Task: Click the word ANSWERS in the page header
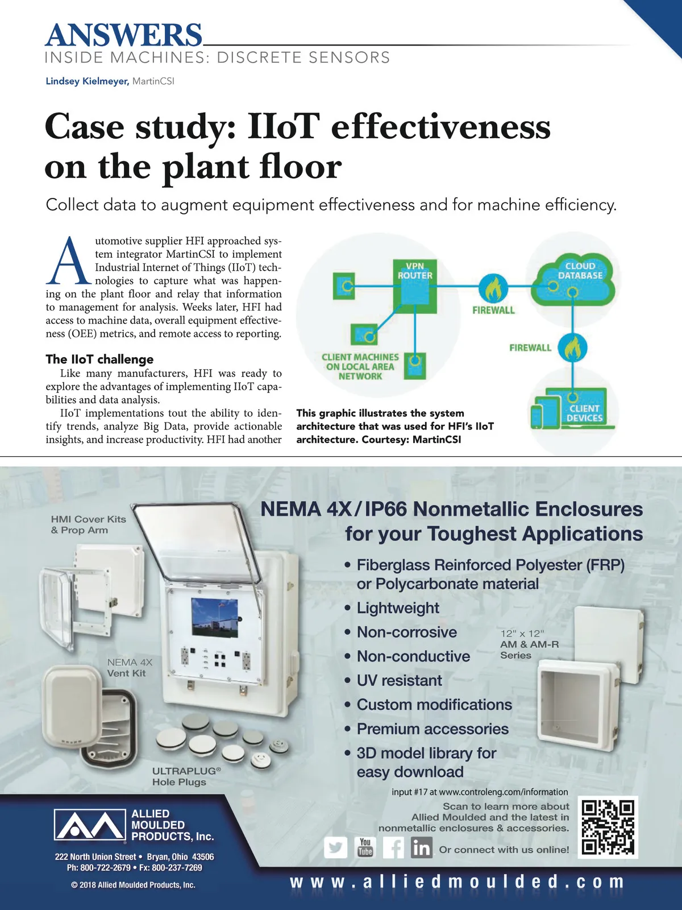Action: pos(123,35)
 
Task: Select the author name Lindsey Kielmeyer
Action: pos(87,81)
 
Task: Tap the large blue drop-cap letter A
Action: pos(69,262)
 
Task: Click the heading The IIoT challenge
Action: pos(99,359)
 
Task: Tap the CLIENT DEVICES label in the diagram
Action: pos(584,413)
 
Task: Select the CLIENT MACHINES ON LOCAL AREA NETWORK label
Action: pos(360,366)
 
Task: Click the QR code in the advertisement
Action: pos(608,827)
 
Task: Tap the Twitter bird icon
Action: pos(336,848)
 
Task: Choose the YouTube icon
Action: pos(365,847)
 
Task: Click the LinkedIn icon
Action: pos(421,848)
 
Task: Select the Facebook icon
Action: pos(393,848)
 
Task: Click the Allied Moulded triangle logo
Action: pos(89,825)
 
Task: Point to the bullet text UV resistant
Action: pos(399,680)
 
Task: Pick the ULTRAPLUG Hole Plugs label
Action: pos(184,776)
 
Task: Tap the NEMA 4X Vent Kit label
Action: pos(129,668)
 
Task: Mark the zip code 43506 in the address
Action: pos(203,857)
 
